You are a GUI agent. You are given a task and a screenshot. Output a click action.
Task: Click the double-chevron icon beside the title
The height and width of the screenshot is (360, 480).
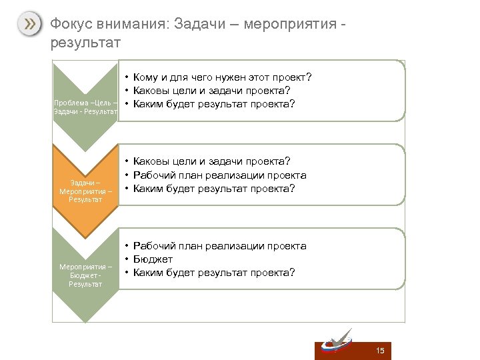(x=29, y=25)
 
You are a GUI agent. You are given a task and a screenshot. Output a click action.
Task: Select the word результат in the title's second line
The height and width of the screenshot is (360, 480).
(x=85, y=44)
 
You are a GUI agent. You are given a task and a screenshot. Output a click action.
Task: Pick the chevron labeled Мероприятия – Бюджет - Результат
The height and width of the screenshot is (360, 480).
(x=85, y=275)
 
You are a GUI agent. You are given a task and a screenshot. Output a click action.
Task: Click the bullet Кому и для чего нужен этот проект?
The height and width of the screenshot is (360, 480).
(x=222, y=77)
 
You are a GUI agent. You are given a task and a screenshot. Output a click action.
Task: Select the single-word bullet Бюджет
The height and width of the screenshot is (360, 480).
(x=153, y=259)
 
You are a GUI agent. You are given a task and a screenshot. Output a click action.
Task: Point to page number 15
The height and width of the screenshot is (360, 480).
(x=380, y=351)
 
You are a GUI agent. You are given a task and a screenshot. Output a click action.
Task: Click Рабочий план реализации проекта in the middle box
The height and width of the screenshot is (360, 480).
(x=219, y=175)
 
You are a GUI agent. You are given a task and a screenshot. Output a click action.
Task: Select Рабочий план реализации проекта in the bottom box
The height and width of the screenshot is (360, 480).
(x=219, y=246)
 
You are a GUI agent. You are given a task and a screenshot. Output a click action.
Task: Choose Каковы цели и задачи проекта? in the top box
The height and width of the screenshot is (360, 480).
(x=211, y=91)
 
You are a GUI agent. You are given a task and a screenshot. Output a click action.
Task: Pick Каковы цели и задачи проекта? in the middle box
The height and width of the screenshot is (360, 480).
(x=211, y=161)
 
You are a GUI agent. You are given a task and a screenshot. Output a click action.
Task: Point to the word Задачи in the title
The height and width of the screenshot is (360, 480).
(x=199, y=25)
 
